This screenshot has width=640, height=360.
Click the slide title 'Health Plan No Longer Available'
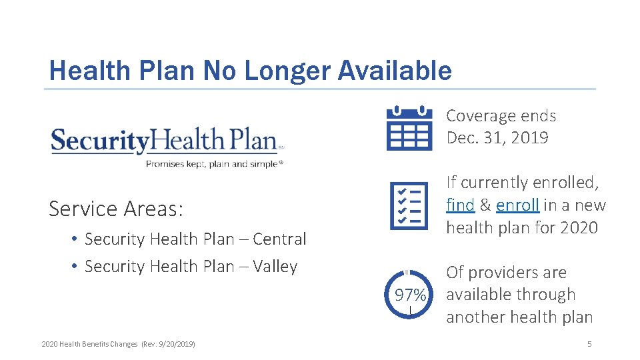tap(250, 70)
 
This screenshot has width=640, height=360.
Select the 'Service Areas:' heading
tap(116, 209)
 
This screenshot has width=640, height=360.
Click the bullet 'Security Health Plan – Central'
tap(195, 239)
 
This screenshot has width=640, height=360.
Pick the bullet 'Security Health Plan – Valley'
tap(191, 266)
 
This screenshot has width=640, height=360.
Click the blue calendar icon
tap(409, 127)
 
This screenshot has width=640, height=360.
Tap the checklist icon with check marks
tap(409, 205)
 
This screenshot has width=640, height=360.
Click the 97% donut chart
tap(409, 295)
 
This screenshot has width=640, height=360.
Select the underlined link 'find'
tap(460, 205)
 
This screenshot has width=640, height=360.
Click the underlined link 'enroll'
tap(517, 205)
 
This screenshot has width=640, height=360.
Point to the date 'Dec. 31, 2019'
tap(497, 138)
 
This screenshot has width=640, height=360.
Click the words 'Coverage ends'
tap(501, 115)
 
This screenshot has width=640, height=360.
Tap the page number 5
tap(589, 344)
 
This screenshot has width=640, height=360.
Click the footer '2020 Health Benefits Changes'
tap(89, 344)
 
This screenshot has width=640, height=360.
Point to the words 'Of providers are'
tap(506, 272)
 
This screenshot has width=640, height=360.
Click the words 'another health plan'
tap(519, 317)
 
